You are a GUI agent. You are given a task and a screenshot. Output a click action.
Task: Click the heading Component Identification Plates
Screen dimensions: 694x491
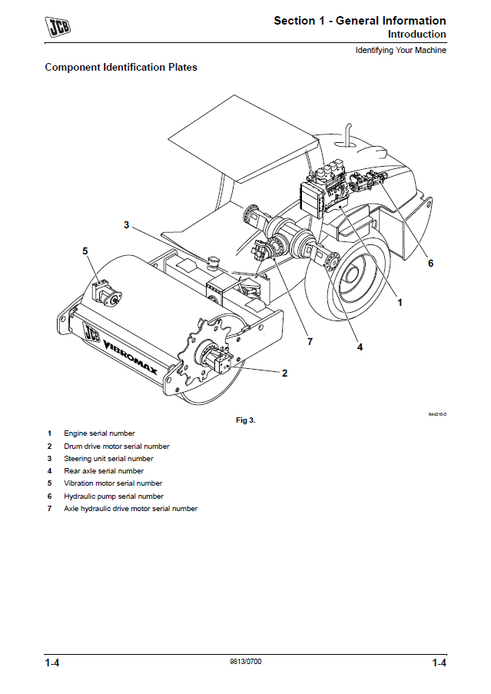[x=121, y=68]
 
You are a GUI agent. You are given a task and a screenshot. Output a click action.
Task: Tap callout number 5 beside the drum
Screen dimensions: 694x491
[x=85, y=251]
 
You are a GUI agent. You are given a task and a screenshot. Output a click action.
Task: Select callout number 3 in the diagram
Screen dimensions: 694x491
[x=127, y=225]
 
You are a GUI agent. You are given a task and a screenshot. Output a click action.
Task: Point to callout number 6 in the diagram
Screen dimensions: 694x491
[x=430, y=263]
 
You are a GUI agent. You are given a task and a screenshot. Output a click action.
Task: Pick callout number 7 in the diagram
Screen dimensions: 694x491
[x=310, y=340]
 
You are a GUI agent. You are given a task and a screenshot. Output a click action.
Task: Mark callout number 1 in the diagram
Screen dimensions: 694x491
[x=400, y=303]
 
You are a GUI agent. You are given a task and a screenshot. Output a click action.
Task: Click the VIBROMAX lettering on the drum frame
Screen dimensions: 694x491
[x=130, y=358]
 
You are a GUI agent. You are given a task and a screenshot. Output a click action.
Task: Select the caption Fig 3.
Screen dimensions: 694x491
[x=245, y=420]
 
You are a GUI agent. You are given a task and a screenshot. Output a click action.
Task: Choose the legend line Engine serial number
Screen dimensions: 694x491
[x=99, y=433]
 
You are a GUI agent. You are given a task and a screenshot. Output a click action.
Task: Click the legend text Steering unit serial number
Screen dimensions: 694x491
[x=108, y=459]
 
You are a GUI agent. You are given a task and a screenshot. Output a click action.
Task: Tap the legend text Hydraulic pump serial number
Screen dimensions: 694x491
[x=114, y=496]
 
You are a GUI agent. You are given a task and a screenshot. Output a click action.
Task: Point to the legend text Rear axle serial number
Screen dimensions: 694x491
[x=104, y=471]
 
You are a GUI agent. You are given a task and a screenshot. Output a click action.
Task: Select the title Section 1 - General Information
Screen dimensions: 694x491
[x=360, y=21]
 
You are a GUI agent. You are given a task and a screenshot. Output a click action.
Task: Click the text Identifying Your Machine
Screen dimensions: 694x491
[x=400, y=51]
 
